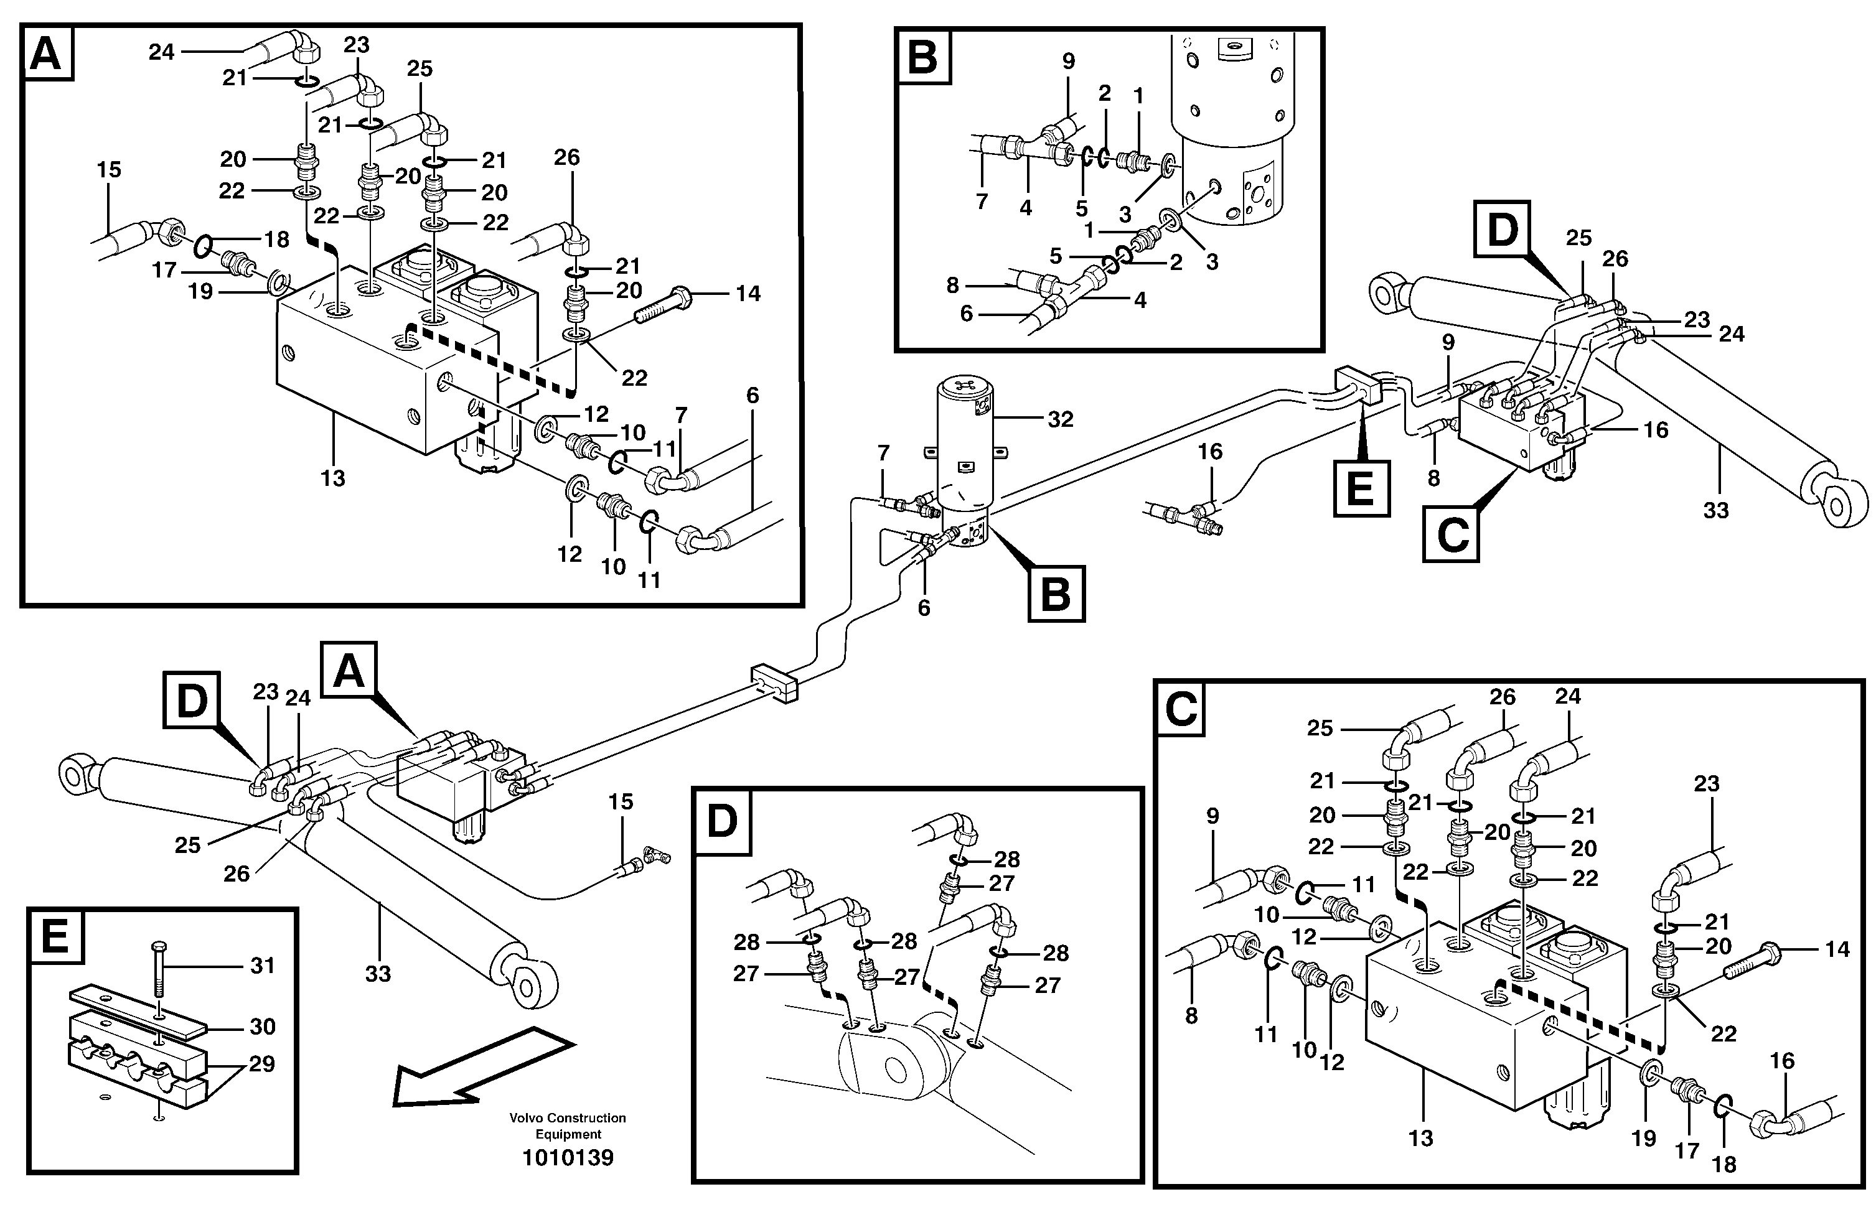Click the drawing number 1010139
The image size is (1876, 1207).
[568, 1157]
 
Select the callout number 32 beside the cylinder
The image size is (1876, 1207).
[1060, 419]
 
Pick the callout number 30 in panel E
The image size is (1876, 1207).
[262, 1026]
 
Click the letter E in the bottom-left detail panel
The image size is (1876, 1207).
[55, 936]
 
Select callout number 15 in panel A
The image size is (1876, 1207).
[109, 169]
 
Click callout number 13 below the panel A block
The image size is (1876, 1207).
[332, 478]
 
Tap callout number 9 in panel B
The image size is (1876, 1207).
[1069, 61]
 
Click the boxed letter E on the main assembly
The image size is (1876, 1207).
[1362, 488]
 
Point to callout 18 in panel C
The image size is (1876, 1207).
[1724, 1164]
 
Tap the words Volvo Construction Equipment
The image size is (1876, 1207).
[568, 1125]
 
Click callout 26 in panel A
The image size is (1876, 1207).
[567, 157]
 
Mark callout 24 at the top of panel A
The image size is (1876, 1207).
[161, 52]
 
